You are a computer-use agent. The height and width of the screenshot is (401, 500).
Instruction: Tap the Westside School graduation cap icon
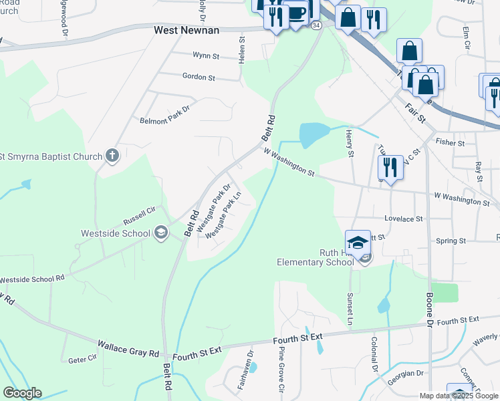coord(160,233)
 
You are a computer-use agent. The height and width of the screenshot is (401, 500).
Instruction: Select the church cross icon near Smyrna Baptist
coord(112,156)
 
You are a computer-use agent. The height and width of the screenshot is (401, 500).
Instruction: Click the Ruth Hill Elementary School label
coord(315,257)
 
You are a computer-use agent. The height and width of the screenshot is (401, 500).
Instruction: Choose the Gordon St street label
coord(199,78)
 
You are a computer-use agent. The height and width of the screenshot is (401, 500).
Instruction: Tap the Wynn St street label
coord(206,56)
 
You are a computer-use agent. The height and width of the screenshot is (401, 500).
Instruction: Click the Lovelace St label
coord(404,219)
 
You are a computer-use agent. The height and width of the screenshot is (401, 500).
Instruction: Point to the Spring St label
coord(451,241)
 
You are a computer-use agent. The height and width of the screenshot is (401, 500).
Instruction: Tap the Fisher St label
coord(450,143)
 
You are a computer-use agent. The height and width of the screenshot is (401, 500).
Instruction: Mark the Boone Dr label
coord(428,306)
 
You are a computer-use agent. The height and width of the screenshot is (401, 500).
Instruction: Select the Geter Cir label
coord(84,360)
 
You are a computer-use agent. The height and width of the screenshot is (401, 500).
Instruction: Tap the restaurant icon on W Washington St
coord(390,167)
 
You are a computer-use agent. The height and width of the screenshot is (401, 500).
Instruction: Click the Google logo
coord(23,393)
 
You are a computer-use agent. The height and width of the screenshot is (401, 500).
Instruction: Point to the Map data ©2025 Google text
coord(459,396)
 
